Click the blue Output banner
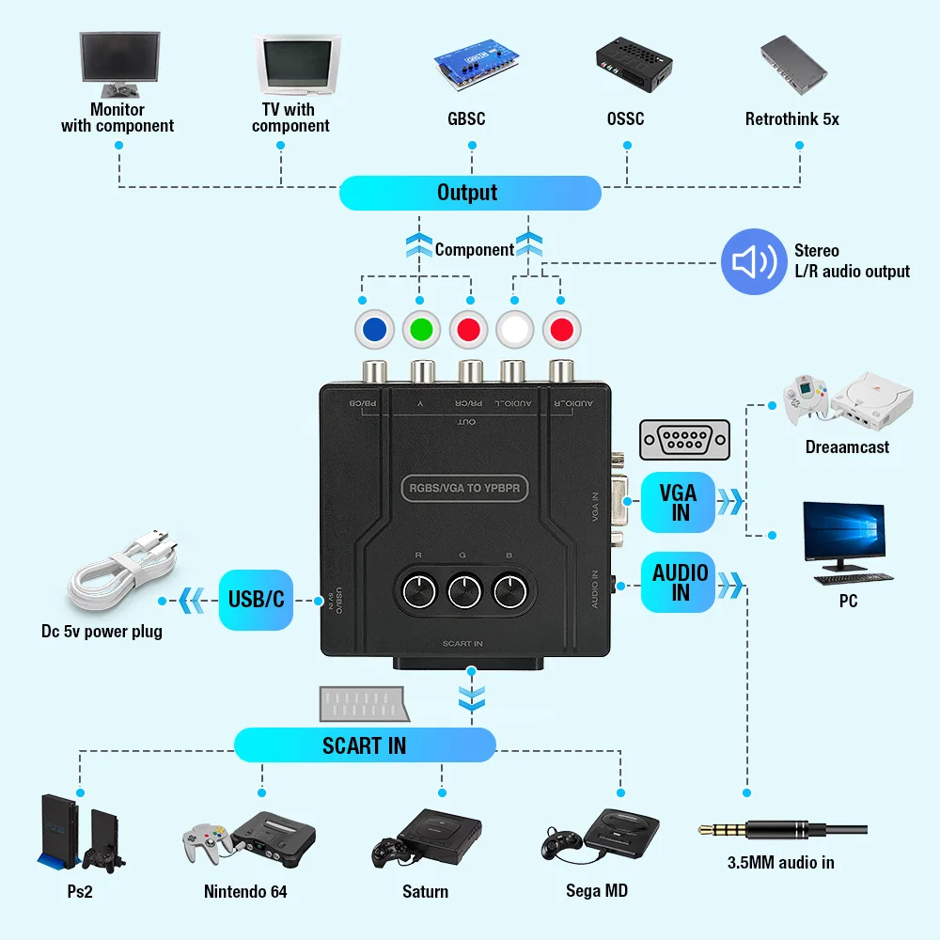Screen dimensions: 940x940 (469, 193)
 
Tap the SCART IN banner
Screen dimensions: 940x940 (364, 745)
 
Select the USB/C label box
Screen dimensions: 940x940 (256, 598)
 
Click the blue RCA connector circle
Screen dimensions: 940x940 (374, 330)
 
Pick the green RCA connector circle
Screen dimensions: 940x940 (421, 330)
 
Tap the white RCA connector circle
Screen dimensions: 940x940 (515, 330)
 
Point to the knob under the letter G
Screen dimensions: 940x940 (463, 591)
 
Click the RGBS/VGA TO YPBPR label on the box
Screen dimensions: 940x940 (465, 488)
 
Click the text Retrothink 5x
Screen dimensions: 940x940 (791, 119)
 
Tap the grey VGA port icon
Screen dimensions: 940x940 (683, 439)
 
